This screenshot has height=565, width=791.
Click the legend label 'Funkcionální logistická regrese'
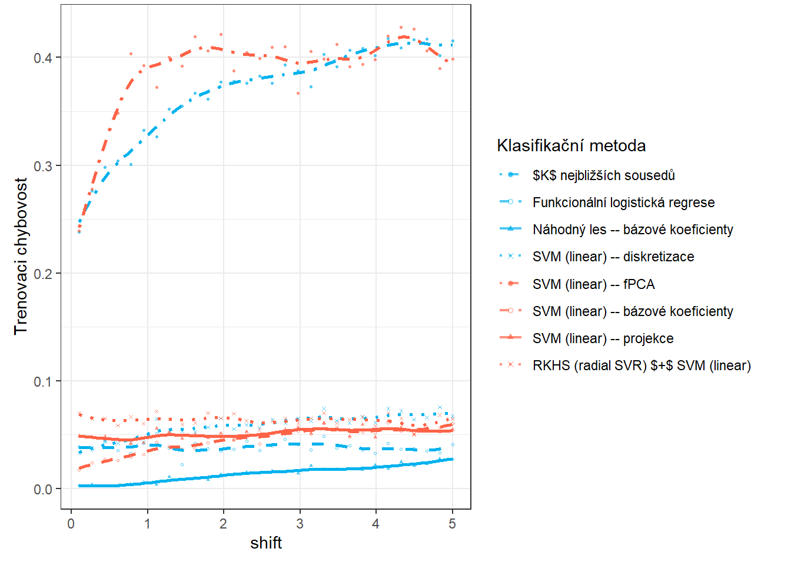(623, 202)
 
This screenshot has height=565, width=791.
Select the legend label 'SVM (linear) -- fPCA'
(593, 284)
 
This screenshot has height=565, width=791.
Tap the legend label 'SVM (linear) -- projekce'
(603, 338)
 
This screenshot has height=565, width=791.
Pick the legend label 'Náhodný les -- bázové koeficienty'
(633, 230)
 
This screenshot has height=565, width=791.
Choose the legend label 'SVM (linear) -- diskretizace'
(613, 257)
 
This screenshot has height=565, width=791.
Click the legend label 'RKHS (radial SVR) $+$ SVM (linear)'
(642, 365)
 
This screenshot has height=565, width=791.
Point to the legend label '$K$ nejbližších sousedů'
(603, 175)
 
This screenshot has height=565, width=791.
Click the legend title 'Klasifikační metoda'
(571, 145)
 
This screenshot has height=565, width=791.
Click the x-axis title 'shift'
(266, 543)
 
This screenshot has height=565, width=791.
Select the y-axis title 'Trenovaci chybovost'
(21, 256)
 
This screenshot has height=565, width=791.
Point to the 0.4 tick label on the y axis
(43, 58)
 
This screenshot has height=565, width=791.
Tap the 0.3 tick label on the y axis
(43, 166)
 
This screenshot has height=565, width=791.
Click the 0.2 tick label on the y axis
(43, 274)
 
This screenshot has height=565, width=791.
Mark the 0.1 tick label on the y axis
(43, 381)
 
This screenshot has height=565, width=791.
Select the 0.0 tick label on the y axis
(43, 489)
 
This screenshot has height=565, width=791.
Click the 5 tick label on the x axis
(452, 524)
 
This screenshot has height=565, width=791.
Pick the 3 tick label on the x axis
(300, 524)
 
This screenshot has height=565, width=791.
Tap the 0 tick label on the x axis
(71, 524)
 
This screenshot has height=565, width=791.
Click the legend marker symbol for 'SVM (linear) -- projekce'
(510, 337)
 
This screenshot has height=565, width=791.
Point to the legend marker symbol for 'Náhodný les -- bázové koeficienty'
(510, 228)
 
